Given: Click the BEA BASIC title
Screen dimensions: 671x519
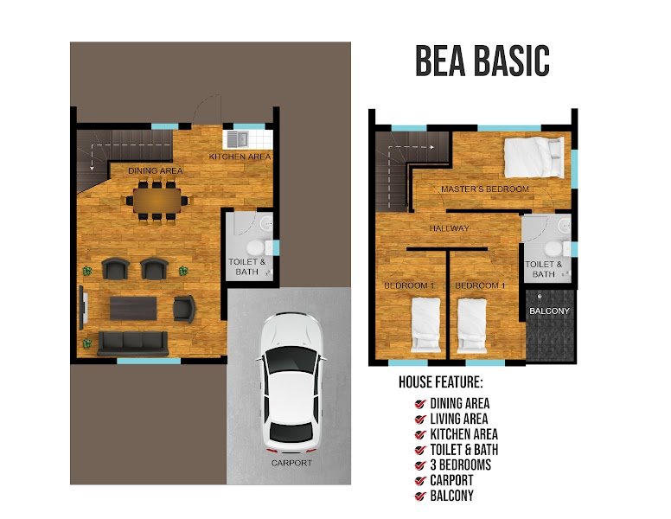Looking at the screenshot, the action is [x=482, y=61].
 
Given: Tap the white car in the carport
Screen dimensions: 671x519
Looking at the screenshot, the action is [x=292, y=383].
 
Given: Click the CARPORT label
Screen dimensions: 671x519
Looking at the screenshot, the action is [x=291, y=463].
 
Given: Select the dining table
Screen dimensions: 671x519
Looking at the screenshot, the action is [x=157, y=201].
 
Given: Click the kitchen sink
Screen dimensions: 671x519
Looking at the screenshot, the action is [x=237, y=138].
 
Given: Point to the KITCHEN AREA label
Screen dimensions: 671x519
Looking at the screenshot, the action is [x=240, y=157].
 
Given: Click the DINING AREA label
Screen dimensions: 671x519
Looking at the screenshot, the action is [x=156, y=171].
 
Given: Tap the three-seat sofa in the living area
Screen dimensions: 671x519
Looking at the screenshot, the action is [x=132, y=343].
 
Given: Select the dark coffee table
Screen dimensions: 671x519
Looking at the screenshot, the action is [x=133, y=308].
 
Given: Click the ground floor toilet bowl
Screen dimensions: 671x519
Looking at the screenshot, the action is [x=256, y=247].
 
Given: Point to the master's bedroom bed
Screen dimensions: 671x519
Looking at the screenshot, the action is [x=534, y=157].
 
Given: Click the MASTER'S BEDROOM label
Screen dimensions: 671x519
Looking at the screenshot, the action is [x=485, y=189].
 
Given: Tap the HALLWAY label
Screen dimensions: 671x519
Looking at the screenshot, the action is [x=450, y=228].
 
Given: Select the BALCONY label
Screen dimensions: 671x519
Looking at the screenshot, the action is [x=549, y=311].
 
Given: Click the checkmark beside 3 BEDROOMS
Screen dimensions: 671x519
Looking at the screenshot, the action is [x=420, y=465].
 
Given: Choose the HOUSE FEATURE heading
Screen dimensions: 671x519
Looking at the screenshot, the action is [x=441, y=382].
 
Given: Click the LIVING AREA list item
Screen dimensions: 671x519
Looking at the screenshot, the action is [x=459, y=419].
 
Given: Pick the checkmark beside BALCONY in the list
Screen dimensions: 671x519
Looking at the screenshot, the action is [x=420, y=497].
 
